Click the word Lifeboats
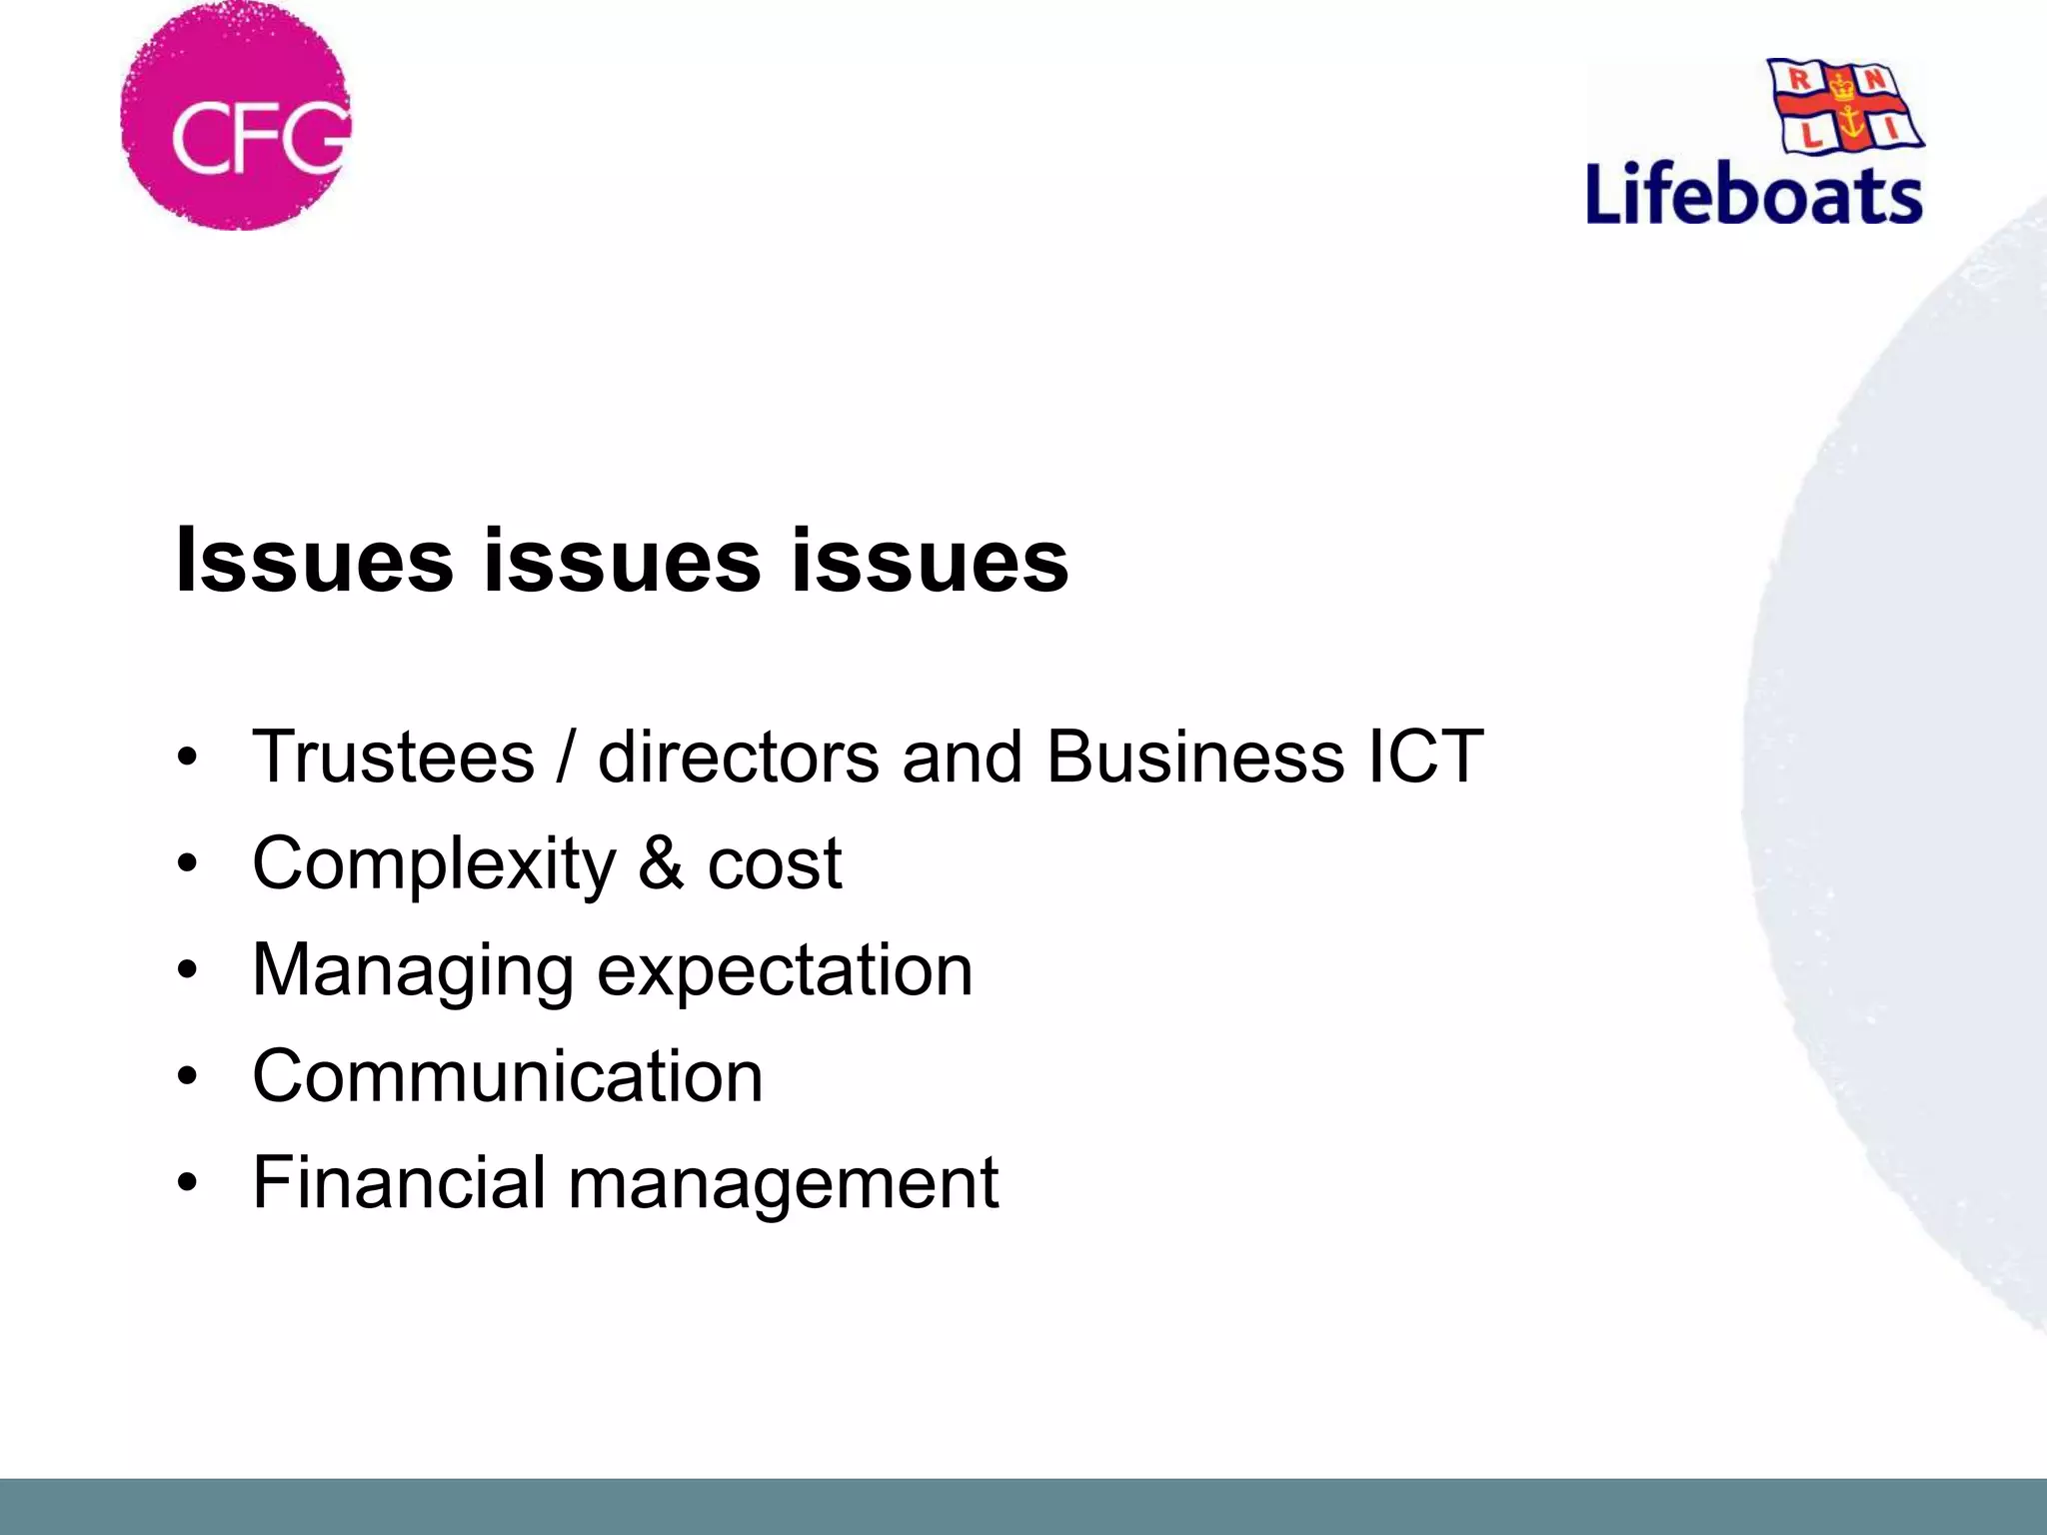pyautogui.click(x=1754, y=194)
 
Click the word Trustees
pyautogui.click(x=394, y=757)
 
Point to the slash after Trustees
pyautogui.click(x=566, y=757)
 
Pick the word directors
pyautogui.click(x=739, y=757)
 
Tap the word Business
pyautogui.click(x=1194, y=757)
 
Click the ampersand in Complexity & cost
pyautogui.click(x=661, y=862)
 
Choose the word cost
pyautogui.click(x=775, y=864)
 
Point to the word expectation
pyautogui.click(x=785, y=971)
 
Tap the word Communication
pyautogui.click(x=508, y=1076)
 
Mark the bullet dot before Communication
pyautogui.click(x=187, y=1077)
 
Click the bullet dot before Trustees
pyautogui.click(x=187, y=758)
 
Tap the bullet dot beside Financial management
pyautogui.click(x=187, y=1183)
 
